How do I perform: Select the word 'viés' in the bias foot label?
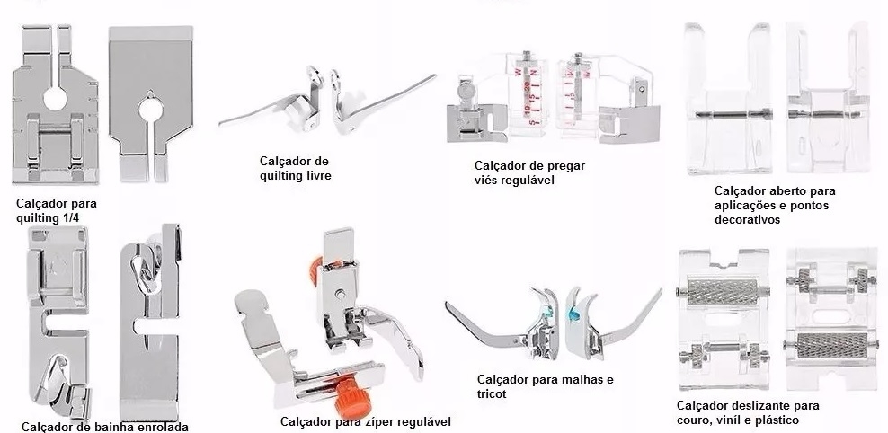point(486,180)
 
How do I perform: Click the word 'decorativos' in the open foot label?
point(747,219)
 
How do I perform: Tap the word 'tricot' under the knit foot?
point(492,394)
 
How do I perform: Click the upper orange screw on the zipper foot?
point(315,270)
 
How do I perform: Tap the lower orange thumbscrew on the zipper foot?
point(349,391)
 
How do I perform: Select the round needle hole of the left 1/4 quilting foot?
point(55,99)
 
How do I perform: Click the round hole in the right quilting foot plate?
point(148,110)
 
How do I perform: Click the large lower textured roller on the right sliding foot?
point(831,345)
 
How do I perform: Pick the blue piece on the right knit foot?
point(572,312)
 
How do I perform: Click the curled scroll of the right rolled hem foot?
point(145,267)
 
